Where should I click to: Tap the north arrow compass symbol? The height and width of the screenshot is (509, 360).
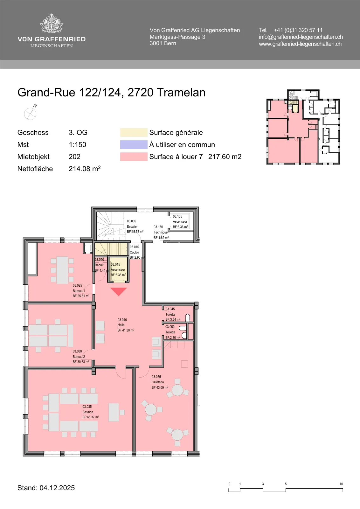[x=31, y=113]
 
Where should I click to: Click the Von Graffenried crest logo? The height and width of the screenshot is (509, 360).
[x=52, y=24]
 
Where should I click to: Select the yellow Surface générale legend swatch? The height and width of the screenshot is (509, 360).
[x=134, y=132]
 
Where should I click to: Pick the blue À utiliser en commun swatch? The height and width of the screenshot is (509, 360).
[x=134, y=144]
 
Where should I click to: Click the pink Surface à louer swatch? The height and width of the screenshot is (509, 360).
[x=134, y=157]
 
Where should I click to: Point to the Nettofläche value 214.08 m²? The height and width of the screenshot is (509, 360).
[x=85, y=169]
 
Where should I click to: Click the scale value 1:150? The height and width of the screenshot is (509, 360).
[x=78, y=144]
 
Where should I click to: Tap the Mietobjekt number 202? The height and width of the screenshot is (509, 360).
[x=74, y=157]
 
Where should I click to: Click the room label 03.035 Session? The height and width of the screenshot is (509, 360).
[x=87, y=409]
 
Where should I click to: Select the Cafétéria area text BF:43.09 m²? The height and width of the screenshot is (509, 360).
[x=160, y=387]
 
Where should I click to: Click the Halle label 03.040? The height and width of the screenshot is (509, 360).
[x=122, y=320]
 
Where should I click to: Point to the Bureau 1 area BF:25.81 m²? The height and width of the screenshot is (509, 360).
[x=81, y=296]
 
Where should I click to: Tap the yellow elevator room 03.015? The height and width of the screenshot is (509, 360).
[x=118, y=270]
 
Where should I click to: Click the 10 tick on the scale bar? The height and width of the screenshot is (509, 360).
[x=341, y=484]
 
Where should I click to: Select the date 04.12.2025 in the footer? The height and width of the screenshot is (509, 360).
[x=57, y=488]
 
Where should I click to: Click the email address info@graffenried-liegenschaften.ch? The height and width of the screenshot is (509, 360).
[x=301, y=37]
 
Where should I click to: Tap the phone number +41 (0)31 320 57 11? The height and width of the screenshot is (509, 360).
[x=298, y=30]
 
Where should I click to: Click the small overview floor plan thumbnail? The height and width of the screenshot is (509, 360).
[x=303, y=127]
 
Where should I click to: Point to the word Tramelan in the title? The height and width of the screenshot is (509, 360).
[x=181, y=93]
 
